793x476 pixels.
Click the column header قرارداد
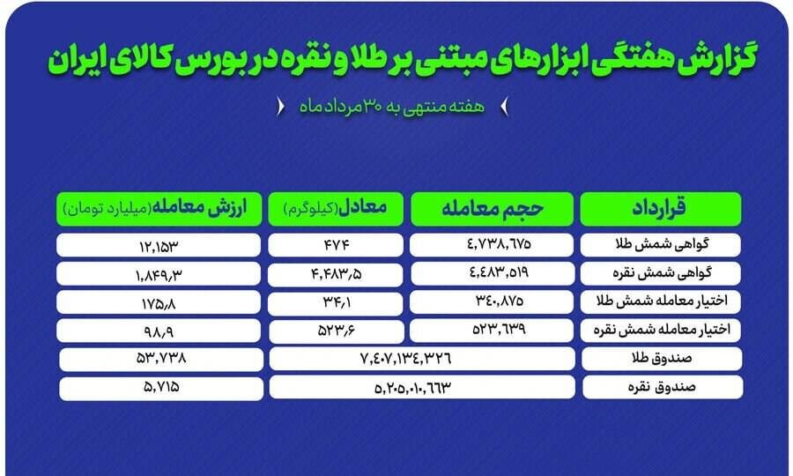coord(661,208)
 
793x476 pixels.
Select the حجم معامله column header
coord(492,208)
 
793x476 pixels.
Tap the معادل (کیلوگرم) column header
coord(336,208)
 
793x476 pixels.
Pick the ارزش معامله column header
coord(159,208)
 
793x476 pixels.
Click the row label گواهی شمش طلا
coord(662,244)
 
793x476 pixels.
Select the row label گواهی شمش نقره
coord(662,273)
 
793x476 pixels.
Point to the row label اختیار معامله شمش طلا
coord(662,301)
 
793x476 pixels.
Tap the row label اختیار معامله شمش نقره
coord(662,330)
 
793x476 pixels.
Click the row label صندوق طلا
coord(662,359)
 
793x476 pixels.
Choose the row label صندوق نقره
coord(662,388)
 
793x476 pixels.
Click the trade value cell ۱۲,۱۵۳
coord(159,246)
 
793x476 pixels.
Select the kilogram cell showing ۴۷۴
coord(336,245)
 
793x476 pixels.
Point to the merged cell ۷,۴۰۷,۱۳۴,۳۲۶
coord(422,359)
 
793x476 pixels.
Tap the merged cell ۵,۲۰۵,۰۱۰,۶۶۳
coord(422,388)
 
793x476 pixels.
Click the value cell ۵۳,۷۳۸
coord(161,359)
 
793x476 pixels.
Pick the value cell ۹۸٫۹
coord(159,331)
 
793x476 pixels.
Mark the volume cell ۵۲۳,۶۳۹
coord(492,331)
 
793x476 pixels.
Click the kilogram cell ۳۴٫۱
coord(336,303)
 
